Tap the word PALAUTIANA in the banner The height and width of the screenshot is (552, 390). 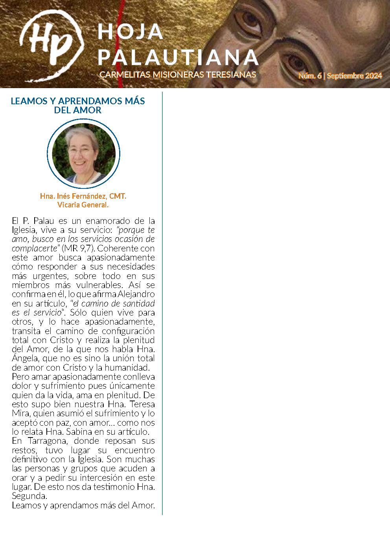pos(178,58)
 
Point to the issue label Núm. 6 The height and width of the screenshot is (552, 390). pos(310,76)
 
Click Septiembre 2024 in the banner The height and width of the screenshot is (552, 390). pos(354,76)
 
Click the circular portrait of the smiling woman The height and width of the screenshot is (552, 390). pos(83,153)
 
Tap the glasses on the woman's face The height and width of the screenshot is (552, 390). pos(81,150)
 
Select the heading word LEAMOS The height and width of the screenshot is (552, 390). pos(29,101)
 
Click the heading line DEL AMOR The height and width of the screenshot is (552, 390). pos(78,111)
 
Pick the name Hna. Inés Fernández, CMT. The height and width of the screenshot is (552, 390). pos(83,196)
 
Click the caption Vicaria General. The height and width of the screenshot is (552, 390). pos(83,205)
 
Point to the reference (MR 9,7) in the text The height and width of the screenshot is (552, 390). pos(78,248)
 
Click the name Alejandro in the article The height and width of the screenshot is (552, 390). pos(136,294)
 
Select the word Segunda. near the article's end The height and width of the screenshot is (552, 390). pos(29,496)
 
